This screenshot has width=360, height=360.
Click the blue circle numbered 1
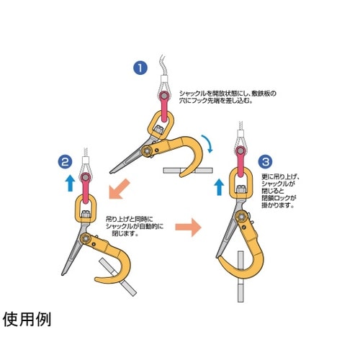click(x=140, y=69)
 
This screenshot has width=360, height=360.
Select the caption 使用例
click(x=27, y=319)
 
